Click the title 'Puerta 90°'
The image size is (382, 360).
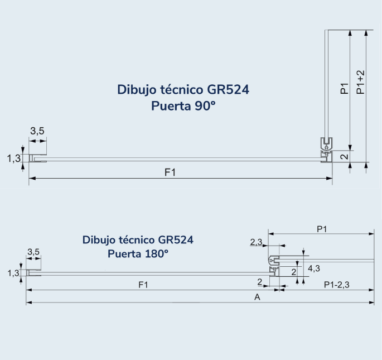183,105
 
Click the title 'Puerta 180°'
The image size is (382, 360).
138,254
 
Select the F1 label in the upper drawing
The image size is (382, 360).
170,172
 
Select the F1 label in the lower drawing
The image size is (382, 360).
143,285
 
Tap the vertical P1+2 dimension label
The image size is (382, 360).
361,82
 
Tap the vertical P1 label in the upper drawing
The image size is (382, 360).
344,88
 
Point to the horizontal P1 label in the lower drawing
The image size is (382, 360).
321,229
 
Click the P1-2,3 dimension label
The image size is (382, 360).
337,285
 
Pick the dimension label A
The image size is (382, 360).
257,297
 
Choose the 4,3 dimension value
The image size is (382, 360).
313,268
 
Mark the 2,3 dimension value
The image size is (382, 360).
257,242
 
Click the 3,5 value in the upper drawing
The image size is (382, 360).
37,131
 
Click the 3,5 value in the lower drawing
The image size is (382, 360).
33,252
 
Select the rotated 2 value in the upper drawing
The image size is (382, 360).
344,157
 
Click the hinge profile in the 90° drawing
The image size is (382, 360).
326,151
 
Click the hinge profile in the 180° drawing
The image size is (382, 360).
274,265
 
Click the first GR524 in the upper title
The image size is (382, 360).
228,90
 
